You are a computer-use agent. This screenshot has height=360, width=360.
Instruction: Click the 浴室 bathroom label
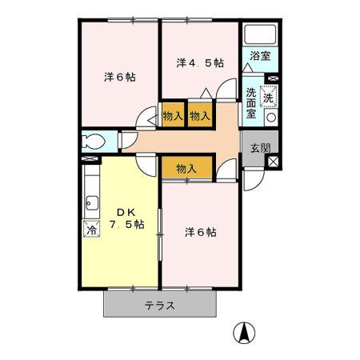(x=260, y=56)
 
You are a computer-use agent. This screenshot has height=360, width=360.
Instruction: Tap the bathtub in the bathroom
(x=261, y=36)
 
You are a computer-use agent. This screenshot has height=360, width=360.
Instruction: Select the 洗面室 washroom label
(x=251, y=103)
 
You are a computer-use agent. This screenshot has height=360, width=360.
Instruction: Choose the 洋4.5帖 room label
(x=200, y=62)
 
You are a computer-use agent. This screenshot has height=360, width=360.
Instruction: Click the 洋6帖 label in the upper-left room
(x=119, y=78)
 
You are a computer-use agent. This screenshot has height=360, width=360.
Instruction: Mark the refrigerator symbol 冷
(x=91, y=229)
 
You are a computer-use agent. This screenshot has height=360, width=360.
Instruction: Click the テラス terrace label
(x=160, y=306)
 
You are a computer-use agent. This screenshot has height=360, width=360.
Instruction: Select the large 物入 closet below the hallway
(x=187, y=168)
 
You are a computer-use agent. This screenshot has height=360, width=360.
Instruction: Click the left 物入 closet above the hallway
(x=173, y=114)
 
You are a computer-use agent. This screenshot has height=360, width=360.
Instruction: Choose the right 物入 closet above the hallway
(x=200, y=114)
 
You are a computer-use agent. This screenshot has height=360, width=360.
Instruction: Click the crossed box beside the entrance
(x=274, y=161)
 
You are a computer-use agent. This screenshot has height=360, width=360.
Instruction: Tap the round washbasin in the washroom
(x=271, y=117)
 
